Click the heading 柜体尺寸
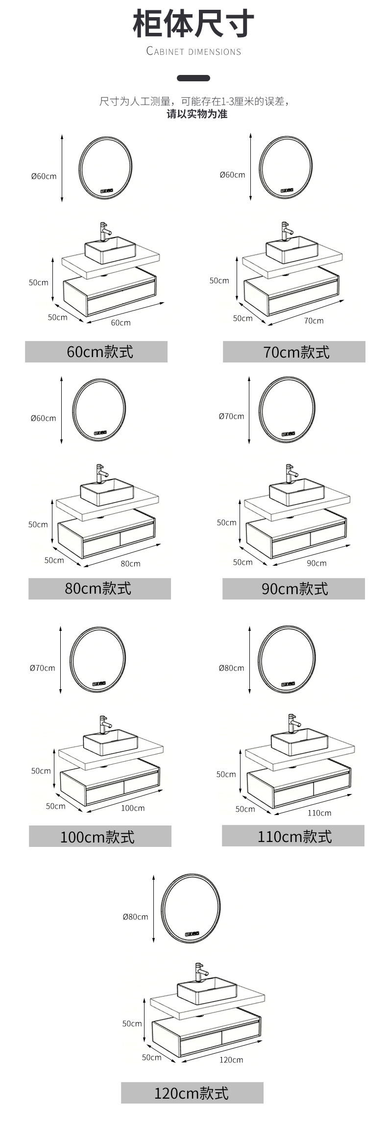[193, 24]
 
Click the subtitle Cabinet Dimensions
[193, 51]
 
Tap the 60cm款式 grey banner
[97, 352]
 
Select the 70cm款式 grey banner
[294, 352]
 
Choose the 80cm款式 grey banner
[99, 588]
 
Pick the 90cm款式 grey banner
[293, 588]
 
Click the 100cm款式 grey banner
[100, 836]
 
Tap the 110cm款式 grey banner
[293, 835]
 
